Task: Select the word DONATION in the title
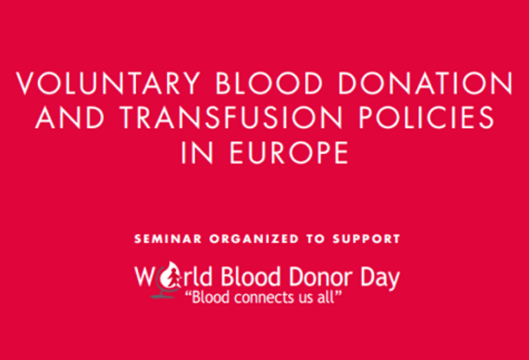click(425, 83)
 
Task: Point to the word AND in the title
click(70, 117)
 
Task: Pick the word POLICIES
click(426, 117)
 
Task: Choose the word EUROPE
click(289, 153)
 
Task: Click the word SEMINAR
click(168, 239)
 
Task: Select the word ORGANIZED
click(254, 239)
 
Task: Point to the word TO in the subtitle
click(315, 239)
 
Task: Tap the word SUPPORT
click(366, 239)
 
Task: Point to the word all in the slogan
click(326, 297)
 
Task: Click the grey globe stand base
click(163, 297)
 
